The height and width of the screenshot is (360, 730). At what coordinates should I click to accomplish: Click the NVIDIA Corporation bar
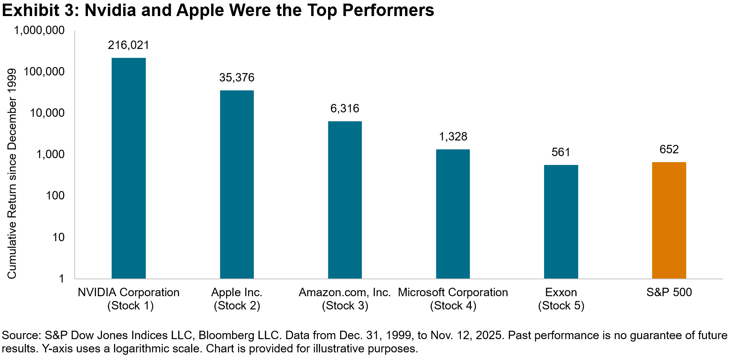pyautogui.click(x=128, y=168)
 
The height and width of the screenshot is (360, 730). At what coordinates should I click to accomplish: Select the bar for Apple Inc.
pyautogui.click(x=237, y=184)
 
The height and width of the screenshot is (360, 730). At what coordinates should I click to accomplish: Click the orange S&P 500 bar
pyautogui.click(x=669, y=220)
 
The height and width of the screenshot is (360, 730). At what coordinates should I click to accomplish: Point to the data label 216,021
pyautogui.click(x=128, y=45)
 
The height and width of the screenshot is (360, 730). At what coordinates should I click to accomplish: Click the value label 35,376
pyautogui.click(x=237, y=77)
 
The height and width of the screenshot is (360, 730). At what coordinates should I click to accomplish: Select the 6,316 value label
pyautogui.click(x=345, y=108)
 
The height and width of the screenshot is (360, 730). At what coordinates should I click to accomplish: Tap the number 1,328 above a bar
pyautogui.click(x=453, y=136)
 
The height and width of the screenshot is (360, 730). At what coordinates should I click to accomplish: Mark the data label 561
pyautogui.click(x=561, y=152)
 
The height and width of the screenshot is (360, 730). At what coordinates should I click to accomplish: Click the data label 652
pyautogui.click(x=669, y=149)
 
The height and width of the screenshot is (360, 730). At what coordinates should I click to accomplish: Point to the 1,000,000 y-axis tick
pyautogui.click(x=39, y=31)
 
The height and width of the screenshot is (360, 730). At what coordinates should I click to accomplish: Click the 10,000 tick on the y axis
pyautogui.click(x=47, y=113)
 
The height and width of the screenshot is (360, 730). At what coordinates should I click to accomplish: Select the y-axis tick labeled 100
pyautogui.click(x=55, y=196)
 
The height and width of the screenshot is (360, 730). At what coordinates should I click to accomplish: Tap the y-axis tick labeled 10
pyautogui.click(x=58, y=237)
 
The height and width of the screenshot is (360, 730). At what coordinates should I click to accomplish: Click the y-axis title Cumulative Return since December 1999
pyautogui.click(x=12, y=173)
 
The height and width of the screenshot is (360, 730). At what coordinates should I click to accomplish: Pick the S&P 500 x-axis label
pyautogui.click(x=669, y=292)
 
